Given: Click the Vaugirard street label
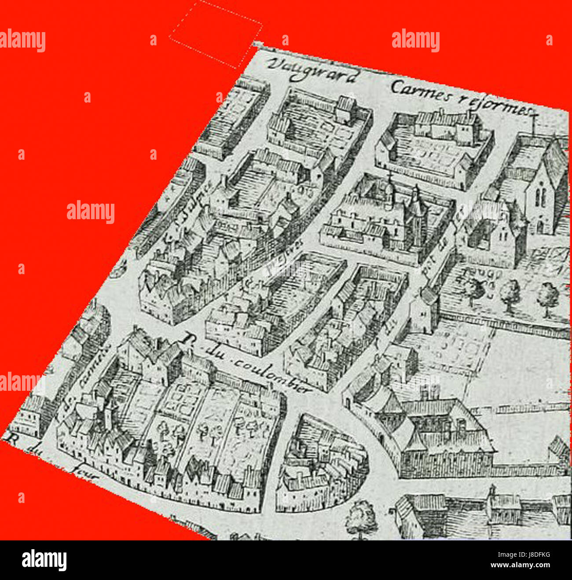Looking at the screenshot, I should [x=312, y=70].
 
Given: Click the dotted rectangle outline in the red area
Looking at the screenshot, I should [x=216, y=34].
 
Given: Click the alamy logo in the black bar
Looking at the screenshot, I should [x=44, y=560].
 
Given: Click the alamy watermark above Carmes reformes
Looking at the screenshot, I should [x=415, y=41].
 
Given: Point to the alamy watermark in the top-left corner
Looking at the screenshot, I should [x=23, y=41].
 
